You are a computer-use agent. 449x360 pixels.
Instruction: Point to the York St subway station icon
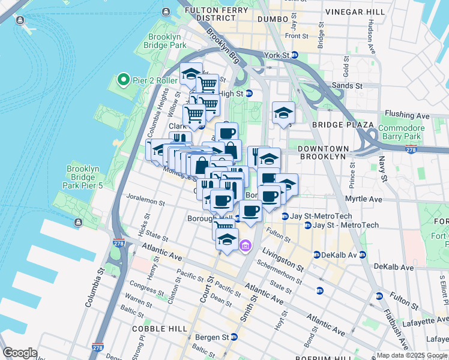(295, 55)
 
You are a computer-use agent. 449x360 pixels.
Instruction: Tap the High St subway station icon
(249, 94)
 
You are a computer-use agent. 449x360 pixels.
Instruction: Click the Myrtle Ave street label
(363, 199)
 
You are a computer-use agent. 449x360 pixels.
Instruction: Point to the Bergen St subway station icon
(235, 337)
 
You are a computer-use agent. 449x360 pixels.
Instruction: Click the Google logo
(20, 353)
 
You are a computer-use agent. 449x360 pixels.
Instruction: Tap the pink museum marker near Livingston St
(246, 245)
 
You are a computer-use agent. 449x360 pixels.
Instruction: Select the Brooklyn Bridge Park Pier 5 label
(83, 178)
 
